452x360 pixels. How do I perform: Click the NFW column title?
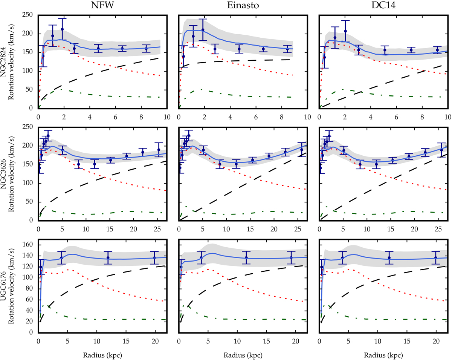(x=102, y=6)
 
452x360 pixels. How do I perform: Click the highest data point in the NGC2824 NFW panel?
(x=62, y=29)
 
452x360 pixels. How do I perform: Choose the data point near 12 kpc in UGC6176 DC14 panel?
(x=389, y=258)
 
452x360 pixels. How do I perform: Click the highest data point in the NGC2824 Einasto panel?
(x=203, y=30)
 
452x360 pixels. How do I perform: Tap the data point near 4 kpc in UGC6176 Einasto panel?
(x=202, y=258)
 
